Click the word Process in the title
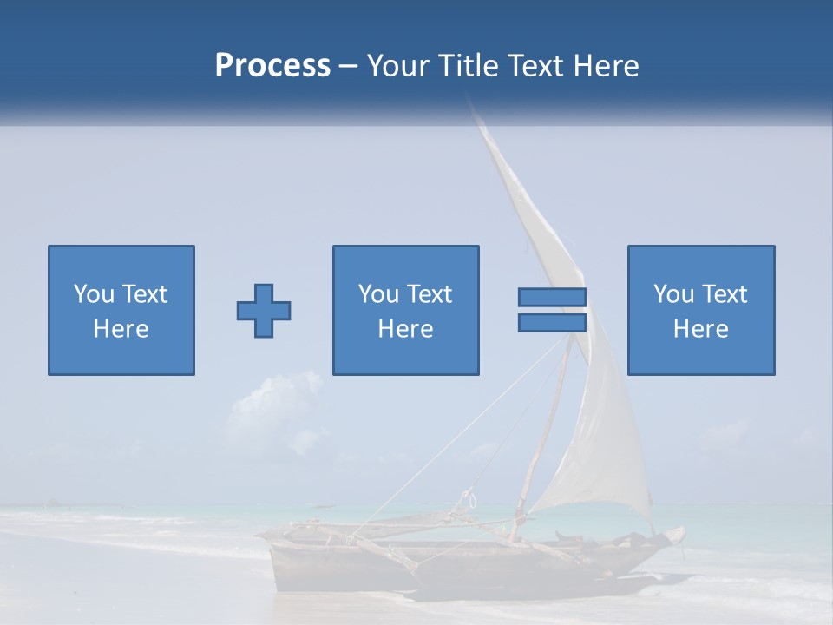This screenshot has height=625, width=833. pyautogui.click(x=272, y=66)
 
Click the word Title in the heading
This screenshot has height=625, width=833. pyautogui.click(x=469, y=66)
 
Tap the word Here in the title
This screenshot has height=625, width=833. pyautogui.click(x=607, y=66)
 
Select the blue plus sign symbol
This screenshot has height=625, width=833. pyautogui.click(x=264, y=311)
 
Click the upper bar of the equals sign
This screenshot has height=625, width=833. pyautogui.click(x=552, y=297)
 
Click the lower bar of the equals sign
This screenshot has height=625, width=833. pyautogui.click(x=552, y=323)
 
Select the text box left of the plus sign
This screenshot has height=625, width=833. pyautogui.click(x=121, y=311)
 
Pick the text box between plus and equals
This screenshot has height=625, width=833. pyautogui.click(x=405, y=311)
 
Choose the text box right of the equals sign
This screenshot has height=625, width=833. pyautogui.click(x=700, y=311)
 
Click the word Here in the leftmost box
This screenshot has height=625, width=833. pyautogui.click(x=121, y=329)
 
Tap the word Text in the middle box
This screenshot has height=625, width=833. pyautogui.click(x=429, y=294)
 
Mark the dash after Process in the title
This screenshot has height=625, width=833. pyautogui.click(x=348, y=66)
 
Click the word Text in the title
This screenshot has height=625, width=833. pyautogui.click(x=535, y=66)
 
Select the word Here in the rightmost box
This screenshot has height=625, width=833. pyautogui.click(x=700, y=329)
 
